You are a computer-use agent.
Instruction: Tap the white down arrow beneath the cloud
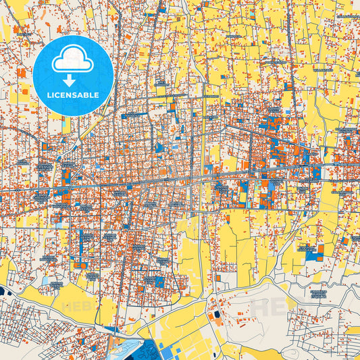click(x=70, y=80)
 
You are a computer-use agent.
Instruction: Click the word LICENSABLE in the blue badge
click(x=72, y=95)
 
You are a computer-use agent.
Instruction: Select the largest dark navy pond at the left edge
click(x=3, y=291)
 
